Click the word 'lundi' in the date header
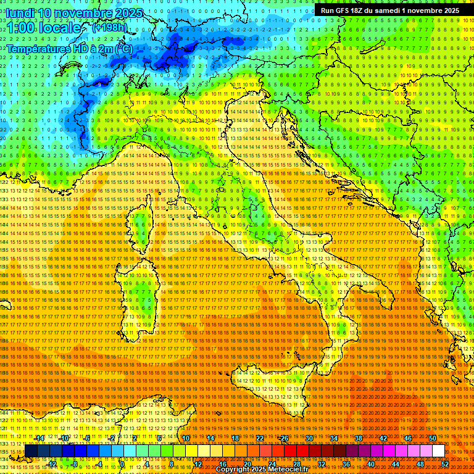[x=20, y=13]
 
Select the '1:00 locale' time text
[x=43, y=28]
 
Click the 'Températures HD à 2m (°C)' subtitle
[x=70, y=48]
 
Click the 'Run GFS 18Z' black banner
[x=389, y=10]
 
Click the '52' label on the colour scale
[x=445, y=464]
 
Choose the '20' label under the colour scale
[x=247, y=464]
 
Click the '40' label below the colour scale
[x=371, y=464]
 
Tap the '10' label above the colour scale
[x=185, y=438]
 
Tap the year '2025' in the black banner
[x=448, y=10]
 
